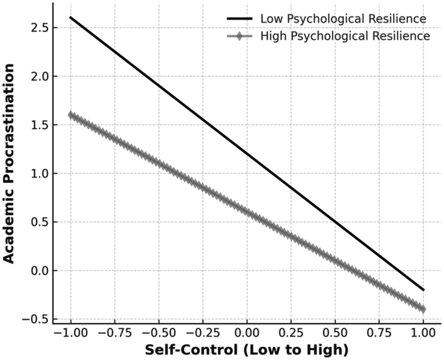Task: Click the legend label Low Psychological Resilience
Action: click(x=343, y=19)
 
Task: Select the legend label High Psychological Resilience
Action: click(x=345, y=36)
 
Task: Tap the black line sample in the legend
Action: click(x=240, y=19)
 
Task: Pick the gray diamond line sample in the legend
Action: click(x=240, y=36)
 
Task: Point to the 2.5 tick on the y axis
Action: click(x=39, y=28)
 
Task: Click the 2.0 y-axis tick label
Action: click(x=39, y=76)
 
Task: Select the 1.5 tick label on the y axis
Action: click(x=39, y=125)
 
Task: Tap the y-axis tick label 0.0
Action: click(x=39, y=271)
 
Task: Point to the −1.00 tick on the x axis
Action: click(x=71, y=333)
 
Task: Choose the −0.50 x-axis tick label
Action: click(x=159, y=333)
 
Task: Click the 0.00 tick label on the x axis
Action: click(x=247, y=333)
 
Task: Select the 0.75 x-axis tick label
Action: click(x=379, y=333)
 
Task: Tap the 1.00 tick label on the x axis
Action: click(x=423, y=333)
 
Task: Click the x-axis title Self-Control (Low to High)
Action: click(x=247, y=350)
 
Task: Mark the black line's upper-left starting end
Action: click(x=71, y=17)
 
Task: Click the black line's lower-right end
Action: click(x=423, y=290)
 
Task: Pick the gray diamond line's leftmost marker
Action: click(x=71, y=115)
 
